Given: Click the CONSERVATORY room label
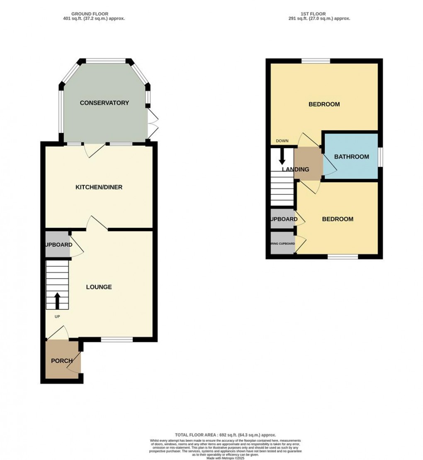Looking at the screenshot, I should (x=105, y=103).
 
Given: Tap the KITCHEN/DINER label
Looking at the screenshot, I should (x=99, y=187).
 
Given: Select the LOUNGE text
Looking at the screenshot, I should (x=99, y=287).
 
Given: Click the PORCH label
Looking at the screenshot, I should (x=62, y=361).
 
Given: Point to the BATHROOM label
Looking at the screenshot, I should (x=352, y=157).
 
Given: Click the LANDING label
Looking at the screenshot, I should (x=295, y=169).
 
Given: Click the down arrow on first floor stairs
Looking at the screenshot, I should (x=282, y=156).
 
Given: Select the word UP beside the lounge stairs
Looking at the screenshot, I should (x=57, y=317).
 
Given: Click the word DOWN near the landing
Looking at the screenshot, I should (x=282, y=141).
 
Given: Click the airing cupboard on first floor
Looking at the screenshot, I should (x=282, y=244).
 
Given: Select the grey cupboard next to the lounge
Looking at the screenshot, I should (x=57, y=245).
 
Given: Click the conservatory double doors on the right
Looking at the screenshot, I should (x=153, y=124).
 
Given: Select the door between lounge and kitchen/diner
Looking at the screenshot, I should (x=97, y=223).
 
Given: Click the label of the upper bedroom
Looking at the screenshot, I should (x=324, y=104).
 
